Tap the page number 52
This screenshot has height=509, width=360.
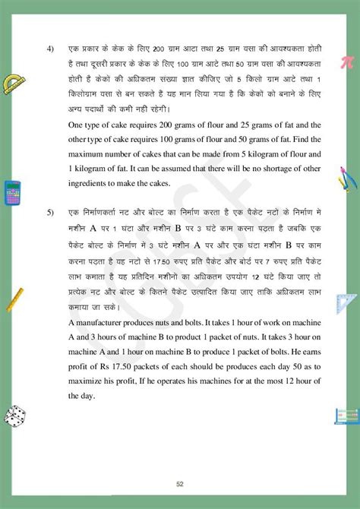(179, 484)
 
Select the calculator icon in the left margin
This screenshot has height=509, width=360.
(12, 193)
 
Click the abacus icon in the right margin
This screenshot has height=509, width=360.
(346, 416)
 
